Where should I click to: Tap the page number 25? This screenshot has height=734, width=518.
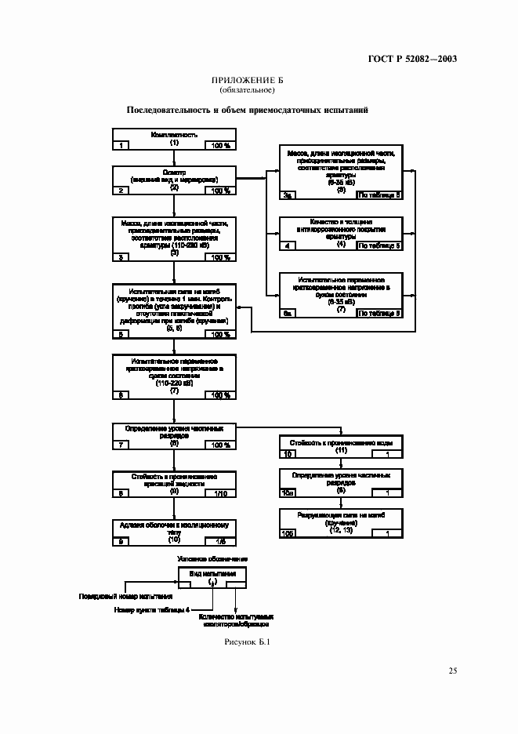click(x=452, y=670)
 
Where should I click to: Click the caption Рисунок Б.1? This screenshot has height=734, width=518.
click(x=247, y=643)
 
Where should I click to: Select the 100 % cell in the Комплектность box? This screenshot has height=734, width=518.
click(x=219, y=146)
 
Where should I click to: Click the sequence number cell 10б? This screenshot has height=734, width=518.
click(x=288, y=534)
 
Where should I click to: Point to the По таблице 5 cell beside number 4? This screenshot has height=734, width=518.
click(x=379, y=245)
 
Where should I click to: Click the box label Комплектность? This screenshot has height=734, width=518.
click(x=174, y=135)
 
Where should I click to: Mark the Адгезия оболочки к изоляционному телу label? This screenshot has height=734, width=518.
click(x=174, y=526)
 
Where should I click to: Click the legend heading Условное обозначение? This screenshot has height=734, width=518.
click(x=213, y=558)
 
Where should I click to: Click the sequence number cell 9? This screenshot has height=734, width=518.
click(x=122, y=541)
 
